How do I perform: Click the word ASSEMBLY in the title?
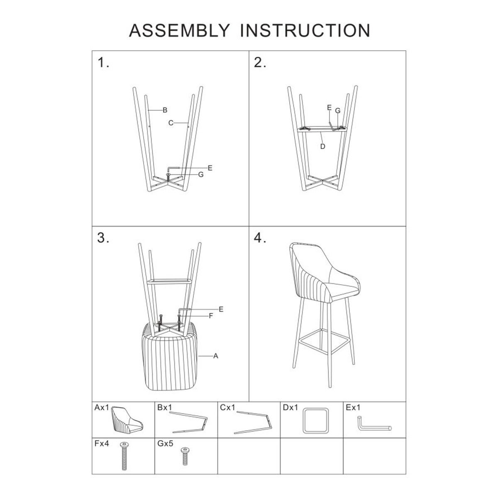(179, 30)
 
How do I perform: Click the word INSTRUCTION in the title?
(305, 30)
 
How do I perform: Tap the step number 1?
(103, 63)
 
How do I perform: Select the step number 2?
(260, 63)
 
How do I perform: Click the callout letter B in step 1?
(165, 110)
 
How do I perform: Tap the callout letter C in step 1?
(171, 123)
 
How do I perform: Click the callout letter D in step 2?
(322, 146)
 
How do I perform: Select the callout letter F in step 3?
(211, 316)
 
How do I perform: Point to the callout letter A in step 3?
(215, 356)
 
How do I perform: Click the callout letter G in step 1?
(201, 174)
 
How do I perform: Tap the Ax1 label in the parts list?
(102, 408)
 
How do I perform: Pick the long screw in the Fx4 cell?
(124, 456)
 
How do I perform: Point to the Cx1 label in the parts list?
(228, 408)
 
